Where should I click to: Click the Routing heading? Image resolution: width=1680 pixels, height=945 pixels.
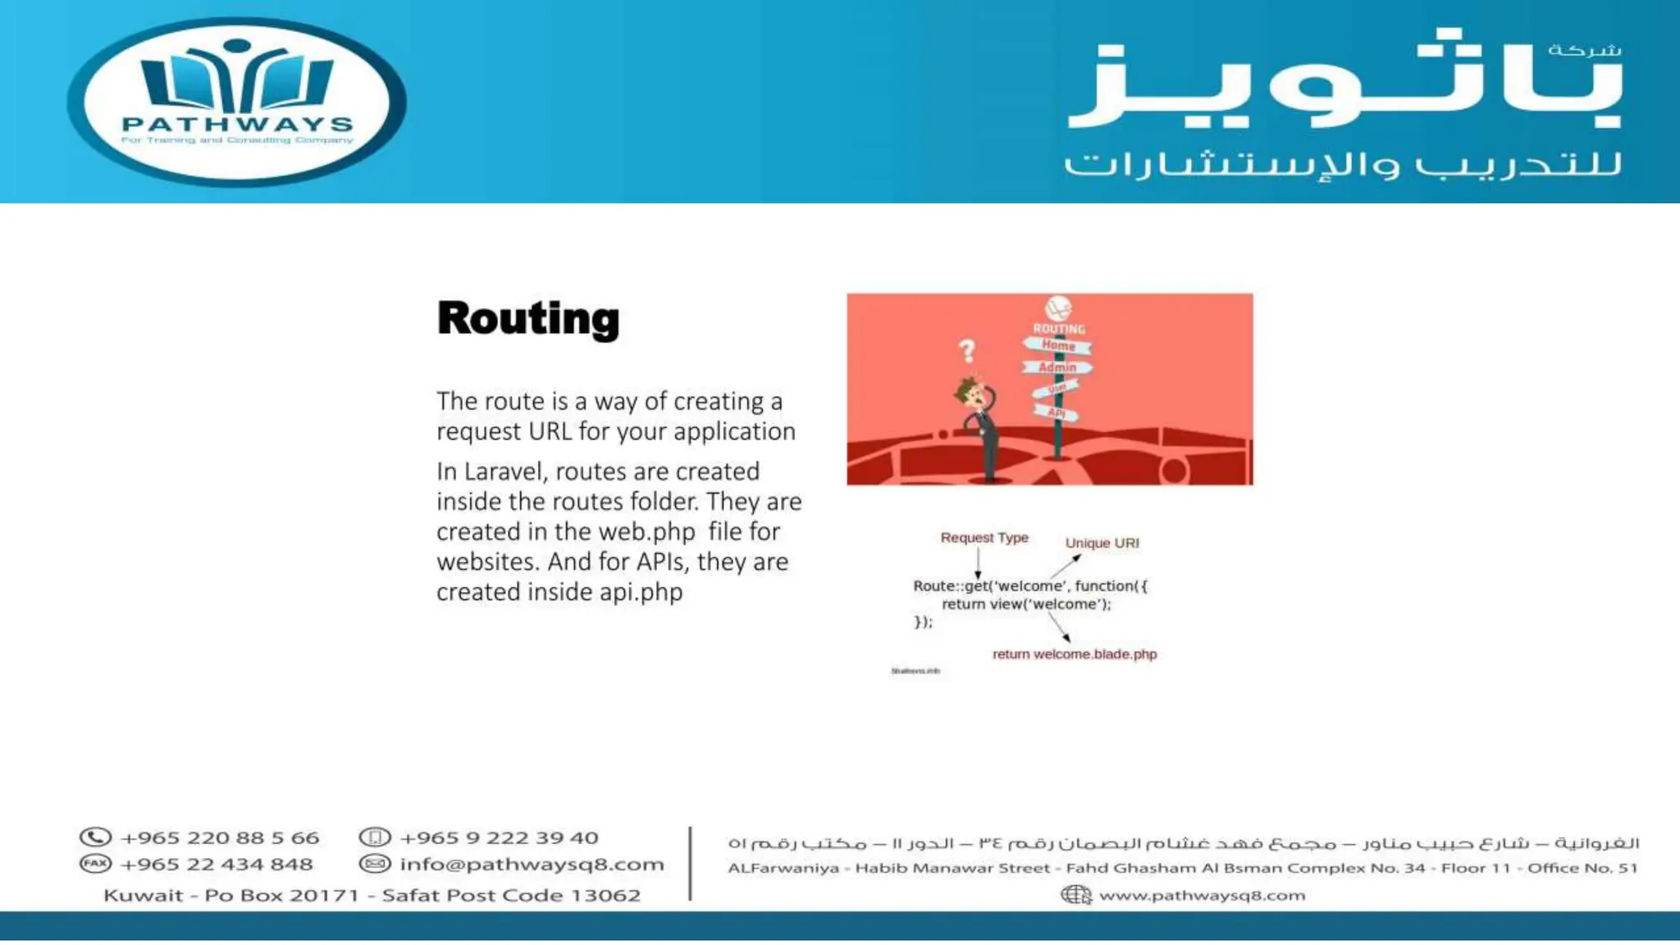(528, 318)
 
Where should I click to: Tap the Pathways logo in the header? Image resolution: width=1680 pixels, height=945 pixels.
(237, 102)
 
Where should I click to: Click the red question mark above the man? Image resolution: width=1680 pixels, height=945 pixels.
(967, 351)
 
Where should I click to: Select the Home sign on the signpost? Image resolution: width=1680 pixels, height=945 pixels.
(1057, 346)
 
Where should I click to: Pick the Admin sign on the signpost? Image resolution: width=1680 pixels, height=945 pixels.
(1057, 367)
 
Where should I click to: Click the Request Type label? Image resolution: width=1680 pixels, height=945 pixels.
(984, 537)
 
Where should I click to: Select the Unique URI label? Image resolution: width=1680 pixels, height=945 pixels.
(1102, 543)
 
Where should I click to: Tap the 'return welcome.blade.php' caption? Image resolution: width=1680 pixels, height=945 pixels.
(1075, 654)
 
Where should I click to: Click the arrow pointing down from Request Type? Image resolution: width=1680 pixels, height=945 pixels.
(978, 564)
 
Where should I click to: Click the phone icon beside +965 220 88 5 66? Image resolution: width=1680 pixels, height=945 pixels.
(95, 838)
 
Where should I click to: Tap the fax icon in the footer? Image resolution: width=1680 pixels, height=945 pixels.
(95, 864)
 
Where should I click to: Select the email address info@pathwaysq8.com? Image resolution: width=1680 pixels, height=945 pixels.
(532, 864)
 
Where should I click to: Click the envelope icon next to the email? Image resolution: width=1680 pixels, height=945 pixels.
(375, 864)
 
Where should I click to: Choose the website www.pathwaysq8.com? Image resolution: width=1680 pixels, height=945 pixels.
(1202, 895)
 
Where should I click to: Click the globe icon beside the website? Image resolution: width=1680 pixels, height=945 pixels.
(1076, 895)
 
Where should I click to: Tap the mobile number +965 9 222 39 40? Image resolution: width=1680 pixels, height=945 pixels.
(499, 838)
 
